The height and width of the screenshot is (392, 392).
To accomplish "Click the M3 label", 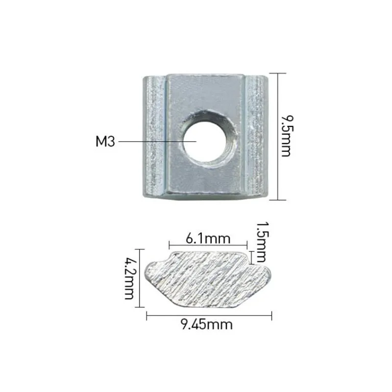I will point(104,142).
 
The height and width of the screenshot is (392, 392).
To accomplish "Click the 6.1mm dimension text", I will point(207,239).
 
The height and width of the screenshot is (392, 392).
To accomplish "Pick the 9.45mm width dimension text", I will point(208,324).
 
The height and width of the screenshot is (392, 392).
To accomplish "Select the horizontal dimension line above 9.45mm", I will point(208,316).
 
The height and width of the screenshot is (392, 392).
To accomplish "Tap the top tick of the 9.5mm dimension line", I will point(278,73).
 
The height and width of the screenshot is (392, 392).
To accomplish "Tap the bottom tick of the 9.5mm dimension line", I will point(278,200).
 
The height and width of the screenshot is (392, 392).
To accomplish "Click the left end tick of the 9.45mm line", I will point(147,316).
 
